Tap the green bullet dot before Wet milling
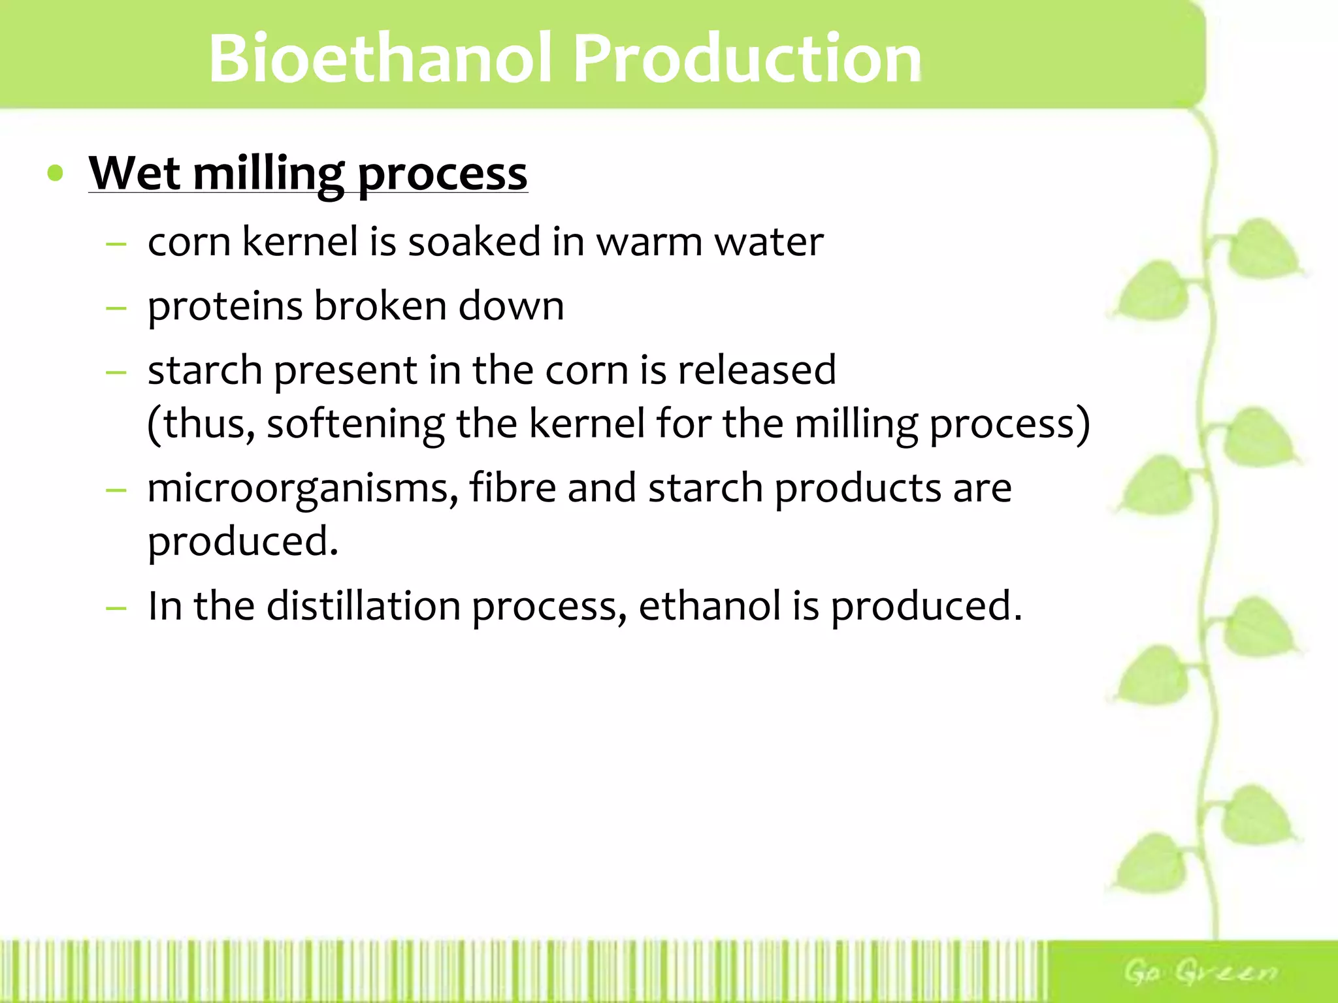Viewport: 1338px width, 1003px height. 56,174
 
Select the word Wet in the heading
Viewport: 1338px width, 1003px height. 134,173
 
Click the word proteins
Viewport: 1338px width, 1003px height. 225,307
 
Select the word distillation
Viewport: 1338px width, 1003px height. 363,606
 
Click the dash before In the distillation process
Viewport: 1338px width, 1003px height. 116,607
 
